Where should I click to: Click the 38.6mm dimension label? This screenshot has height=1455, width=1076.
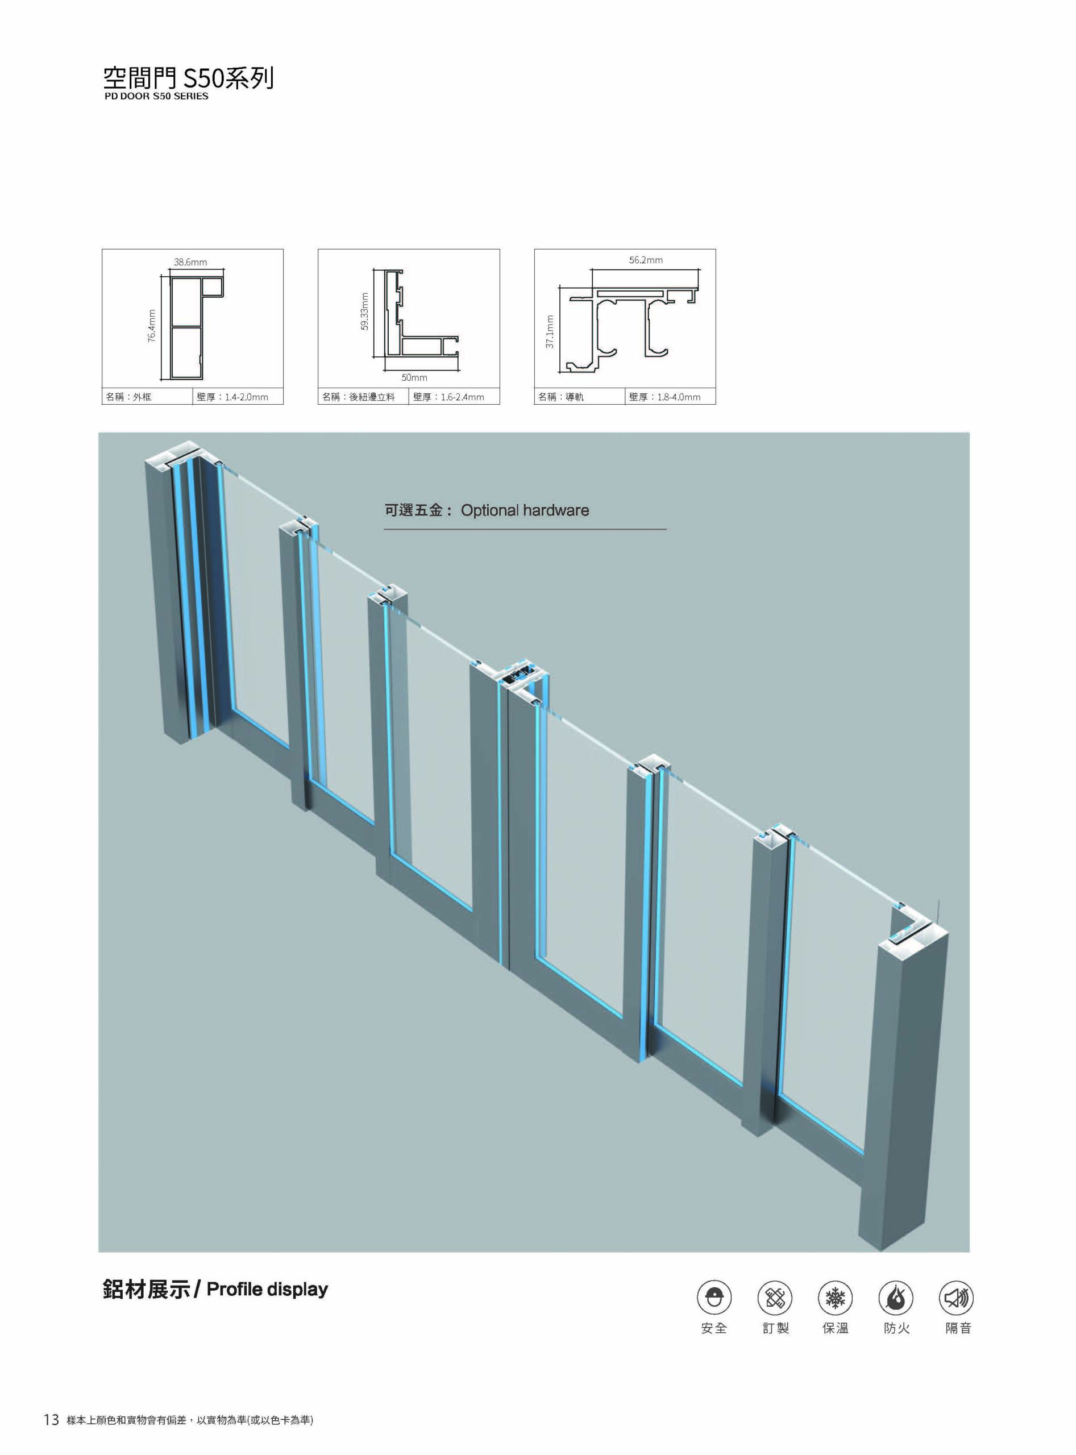pos(190,263)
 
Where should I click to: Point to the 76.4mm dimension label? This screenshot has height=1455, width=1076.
pos(152,326)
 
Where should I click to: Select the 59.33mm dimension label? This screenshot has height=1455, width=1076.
pos(365,311)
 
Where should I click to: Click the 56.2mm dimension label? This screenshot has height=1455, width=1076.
pos(646,260)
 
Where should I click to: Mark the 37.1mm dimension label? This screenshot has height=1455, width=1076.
pos(550,332)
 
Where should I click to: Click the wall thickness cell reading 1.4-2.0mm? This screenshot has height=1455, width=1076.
pos(238,397)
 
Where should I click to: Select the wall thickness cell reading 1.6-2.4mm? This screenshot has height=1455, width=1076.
pos(455,397)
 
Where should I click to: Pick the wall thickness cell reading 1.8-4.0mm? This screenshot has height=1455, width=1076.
pos(671,397)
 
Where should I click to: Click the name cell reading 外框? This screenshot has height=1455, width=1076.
pos(148,397)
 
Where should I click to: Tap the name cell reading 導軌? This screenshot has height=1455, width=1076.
pos(580,397)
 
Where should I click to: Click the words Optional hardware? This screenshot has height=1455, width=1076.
pos(525,510)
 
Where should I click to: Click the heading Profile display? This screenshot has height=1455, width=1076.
pos(267,1289)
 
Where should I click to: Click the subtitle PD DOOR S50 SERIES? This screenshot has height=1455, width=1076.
pos(156,95)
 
